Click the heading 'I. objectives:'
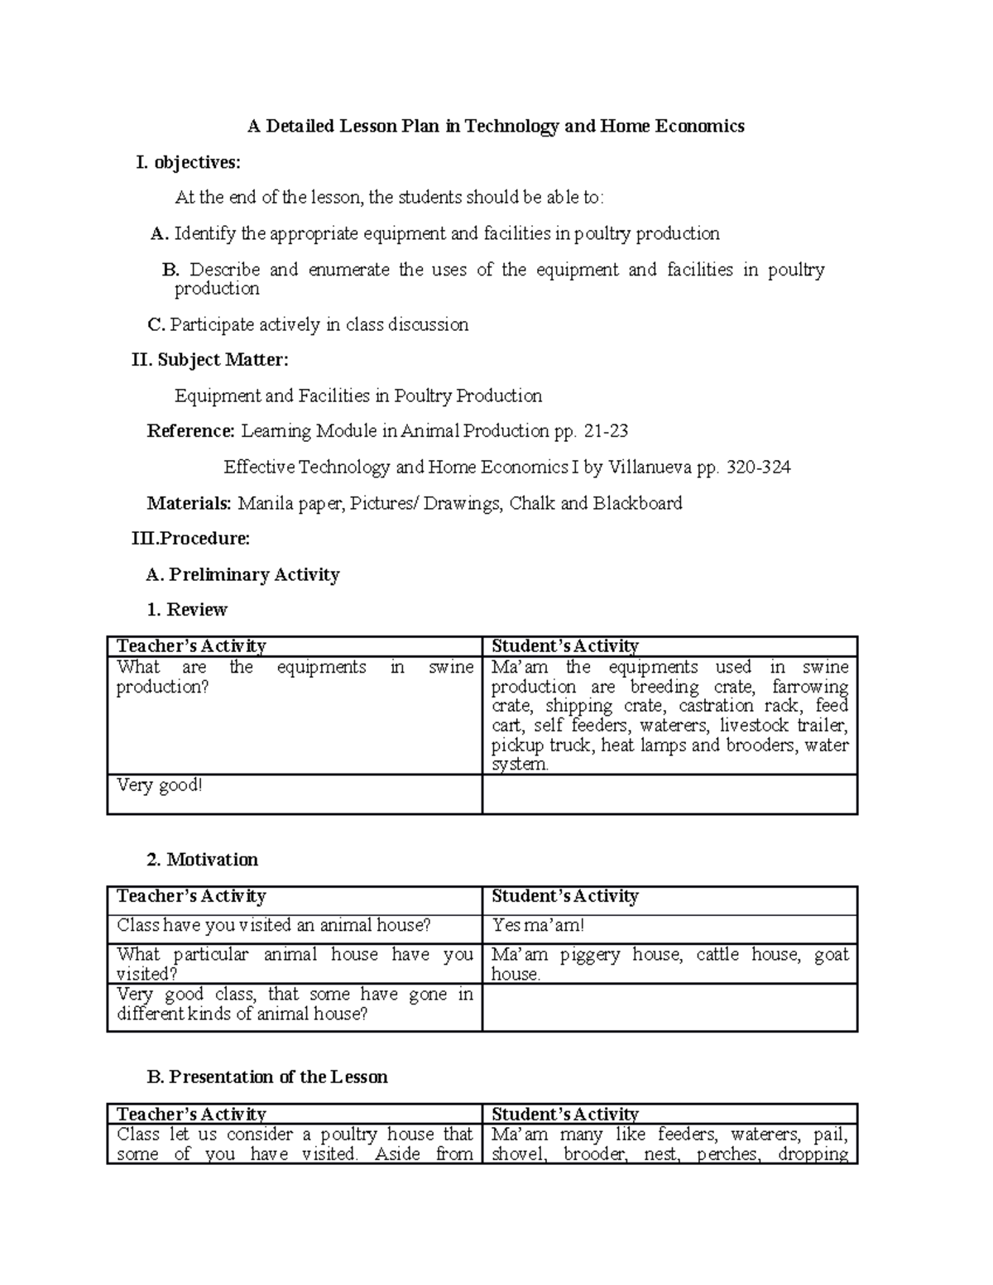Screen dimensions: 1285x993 189,162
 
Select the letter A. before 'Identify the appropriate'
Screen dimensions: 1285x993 160,234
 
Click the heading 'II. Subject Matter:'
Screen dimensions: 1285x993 210,360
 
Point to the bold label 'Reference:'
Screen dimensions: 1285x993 191,431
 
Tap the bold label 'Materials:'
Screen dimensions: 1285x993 189,503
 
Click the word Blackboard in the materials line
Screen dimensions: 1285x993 637,503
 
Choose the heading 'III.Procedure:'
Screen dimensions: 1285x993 191,539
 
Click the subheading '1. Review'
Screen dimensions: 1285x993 187,610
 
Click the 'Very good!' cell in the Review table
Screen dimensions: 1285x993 160,785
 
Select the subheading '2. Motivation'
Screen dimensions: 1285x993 203,860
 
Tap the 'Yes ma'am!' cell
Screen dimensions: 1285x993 538,926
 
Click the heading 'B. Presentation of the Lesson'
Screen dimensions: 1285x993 267,1076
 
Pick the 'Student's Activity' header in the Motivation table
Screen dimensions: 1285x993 565,897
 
